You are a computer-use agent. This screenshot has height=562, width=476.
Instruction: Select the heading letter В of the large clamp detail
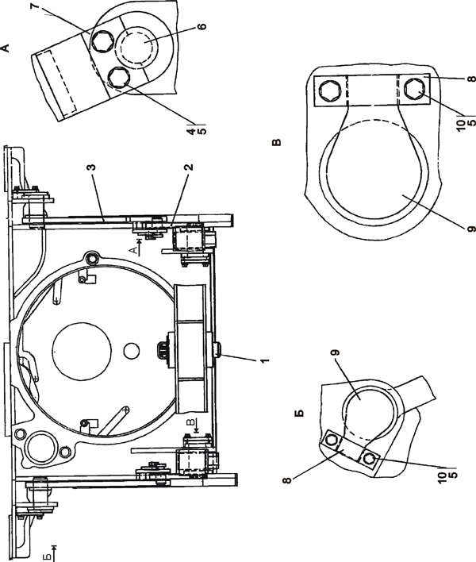276,144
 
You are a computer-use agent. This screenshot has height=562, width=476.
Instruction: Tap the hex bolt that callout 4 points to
119,77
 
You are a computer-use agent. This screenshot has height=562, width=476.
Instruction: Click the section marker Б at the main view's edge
49,547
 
